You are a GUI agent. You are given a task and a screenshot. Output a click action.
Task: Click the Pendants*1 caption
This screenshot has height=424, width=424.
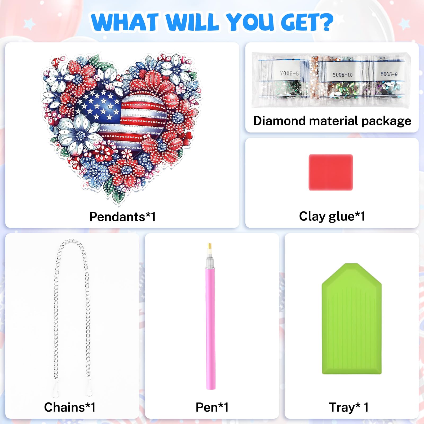122,217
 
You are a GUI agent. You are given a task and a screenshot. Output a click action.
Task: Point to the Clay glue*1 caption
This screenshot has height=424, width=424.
332,216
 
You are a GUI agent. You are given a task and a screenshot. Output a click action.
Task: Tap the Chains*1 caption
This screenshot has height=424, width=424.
70,407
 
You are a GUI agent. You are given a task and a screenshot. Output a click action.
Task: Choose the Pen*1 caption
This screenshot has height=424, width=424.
212,407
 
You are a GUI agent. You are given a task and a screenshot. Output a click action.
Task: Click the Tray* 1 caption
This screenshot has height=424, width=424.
348,407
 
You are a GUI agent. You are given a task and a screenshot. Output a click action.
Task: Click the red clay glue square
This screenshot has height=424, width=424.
331,172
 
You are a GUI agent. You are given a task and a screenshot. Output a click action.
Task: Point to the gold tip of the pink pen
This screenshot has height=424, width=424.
209,246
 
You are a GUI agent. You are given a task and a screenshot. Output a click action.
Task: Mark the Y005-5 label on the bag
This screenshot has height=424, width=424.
289,73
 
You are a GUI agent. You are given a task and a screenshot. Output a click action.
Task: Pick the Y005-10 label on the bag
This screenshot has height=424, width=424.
342,75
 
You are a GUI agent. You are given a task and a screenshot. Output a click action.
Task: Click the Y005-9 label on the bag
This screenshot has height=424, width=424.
389,74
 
